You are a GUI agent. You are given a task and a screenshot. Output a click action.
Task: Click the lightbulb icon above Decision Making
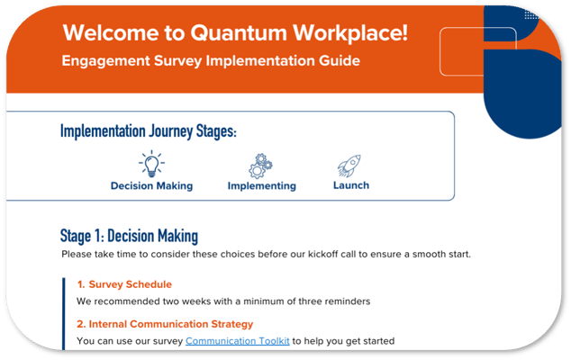coord(150,164)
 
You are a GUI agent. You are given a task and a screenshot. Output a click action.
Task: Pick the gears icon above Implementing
coord(261,165)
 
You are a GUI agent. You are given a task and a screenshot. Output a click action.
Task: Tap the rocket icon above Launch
coord(349,165)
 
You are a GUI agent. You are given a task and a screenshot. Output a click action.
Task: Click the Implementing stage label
coord(261,186)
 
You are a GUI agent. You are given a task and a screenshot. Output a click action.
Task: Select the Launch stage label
coord(350,185)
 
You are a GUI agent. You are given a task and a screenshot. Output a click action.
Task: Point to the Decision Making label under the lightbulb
coord(151,186)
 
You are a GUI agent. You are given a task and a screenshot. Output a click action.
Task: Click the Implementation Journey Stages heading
coord(149,131)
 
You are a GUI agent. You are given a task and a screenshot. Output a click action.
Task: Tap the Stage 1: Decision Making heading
coord(129,237)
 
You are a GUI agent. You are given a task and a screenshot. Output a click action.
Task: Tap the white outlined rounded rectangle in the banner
coord(477,51)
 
